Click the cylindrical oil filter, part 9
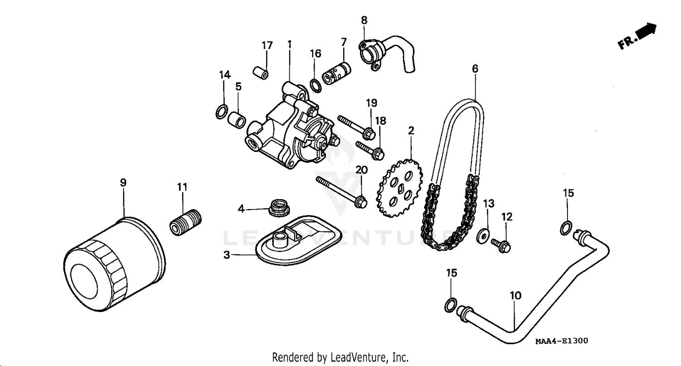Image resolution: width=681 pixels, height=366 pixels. (113, 265)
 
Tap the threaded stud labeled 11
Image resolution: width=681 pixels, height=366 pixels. (185, 223)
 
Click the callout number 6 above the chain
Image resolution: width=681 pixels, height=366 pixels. (475, 69)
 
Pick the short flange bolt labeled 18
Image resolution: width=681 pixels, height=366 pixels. (370, 150)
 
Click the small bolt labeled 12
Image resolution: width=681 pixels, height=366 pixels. (501, 245)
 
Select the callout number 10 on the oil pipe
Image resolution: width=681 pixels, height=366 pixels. (515, 296)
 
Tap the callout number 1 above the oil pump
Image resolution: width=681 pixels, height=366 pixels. (289, 44)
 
